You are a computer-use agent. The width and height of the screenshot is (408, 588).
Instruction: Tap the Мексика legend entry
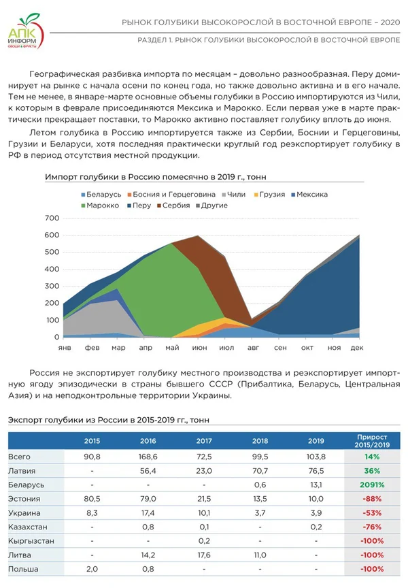(x=311, y=195)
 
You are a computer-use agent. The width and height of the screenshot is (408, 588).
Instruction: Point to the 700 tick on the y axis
(x=52, y=218)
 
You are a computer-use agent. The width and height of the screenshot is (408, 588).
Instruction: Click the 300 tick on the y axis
(x=52, y=286)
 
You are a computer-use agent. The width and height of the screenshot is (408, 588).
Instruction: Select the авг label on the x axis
(x=253, y=347)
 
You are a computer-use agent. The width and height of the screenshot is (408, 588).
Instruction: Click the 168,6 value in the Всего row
(x=148, y=457)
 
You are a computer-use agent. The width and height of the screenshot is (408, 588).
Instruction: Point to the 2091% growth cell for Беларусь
(x=371, y=485)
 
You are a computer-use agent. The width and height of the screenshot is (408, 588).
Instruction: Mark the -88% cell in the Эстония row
(x=371, y=499)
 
